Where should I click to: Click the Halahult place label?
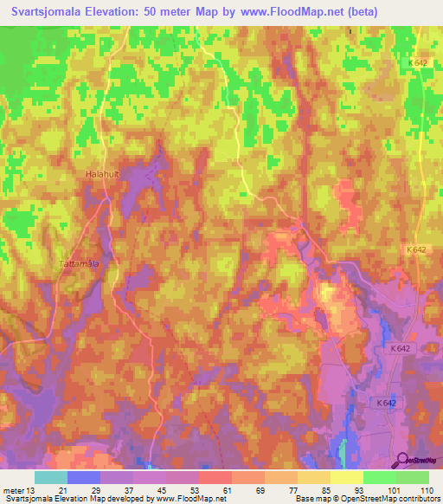[x=101, y=174]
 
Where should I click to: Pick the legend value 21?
[x=64, y=489]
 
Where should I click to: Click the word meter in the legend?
[x=12, y=489]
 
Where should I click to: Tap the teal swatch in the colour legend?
[x=51, y=477]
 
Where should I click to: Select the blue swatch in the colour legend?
[x=84, y=477]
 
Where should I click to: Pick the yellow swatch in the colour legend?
[x=346, y=477]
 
